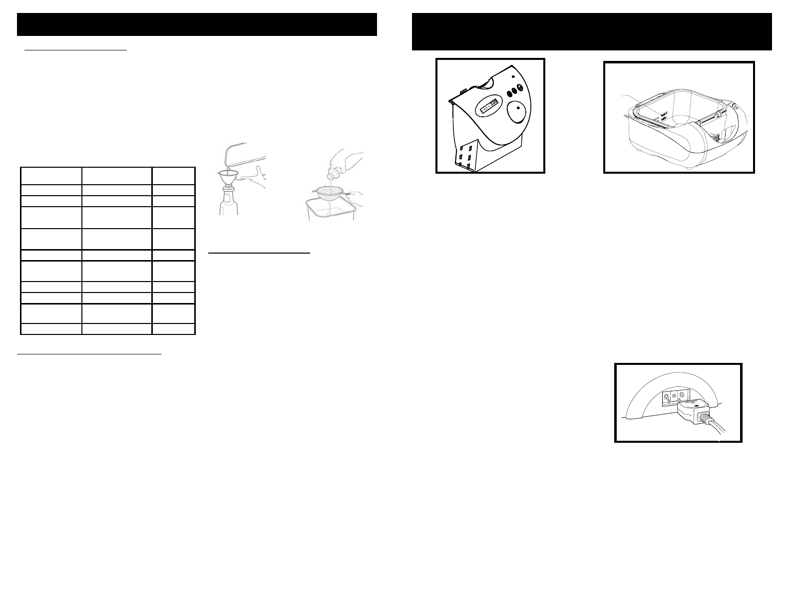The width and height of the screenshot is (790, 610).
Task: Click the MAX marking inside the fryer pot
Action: [664, 114]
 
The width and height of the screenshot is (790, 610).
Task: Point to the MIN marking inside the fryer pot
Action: [664, 120]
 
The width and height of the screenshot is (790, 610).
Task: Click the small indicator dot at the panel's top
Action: [514, 76]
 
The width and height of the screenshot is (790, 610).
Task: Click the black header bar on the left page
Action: [197, 24]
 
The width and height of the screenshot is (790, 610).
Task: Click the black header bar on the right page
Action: [592, 32]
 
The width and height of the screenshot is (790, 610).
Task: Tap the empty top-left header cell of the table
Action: [51, 176]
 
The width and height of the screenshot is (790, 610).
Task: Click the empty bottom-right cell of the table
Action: [173, 328]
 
